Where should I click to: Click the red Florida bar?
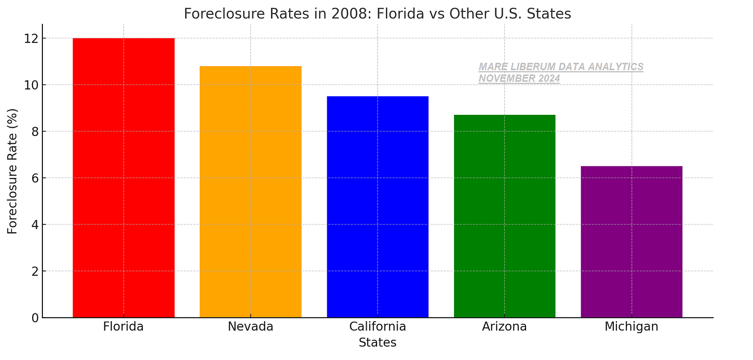[124, 177]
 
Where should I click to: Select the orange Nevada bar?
[250, 191]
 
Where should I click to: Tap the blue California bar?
[378, 207]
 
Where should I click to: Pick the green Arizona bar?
[504, 216]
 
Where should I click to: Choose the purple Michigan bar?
[631, 242]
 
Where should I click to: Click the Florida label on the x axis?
[123, 327]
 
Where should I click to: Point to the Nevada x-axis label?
[250, 327]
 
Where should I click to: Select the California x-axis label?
[378, 327]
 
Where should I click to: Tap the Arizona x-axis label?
[504, 327]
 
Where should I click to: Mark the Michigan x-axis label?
[631, 327]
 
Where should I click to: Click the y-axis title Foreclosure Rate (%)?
[12, 171]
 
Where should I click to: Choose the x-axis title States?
[378, 343]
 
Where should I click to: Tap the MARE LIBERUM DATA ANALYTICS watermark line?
[561, 67]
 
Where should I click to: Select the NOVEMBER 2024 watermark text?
[519, 79]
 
